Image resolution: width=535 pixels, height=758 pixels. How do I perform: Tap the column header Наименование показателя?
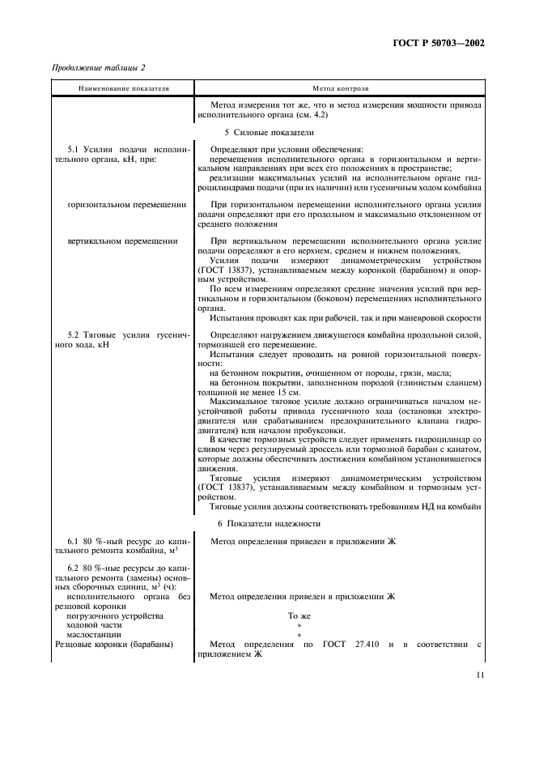[x=123, y=87]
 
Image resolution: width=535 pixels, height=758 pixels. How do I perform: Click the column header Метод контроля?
[x=340, y=87]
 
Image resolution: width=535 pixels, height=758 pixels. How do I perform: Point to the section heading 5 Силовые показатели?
[x=268, y=131]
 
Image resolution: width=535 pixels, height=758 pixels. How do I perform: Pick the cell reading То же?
[x=299, y=615]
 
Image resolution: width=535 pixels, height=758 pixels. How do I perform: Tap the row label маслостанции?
[x=94, y=635]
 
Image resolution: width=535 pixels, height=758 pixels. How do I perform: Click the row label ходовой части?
[x=95, y=625]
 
